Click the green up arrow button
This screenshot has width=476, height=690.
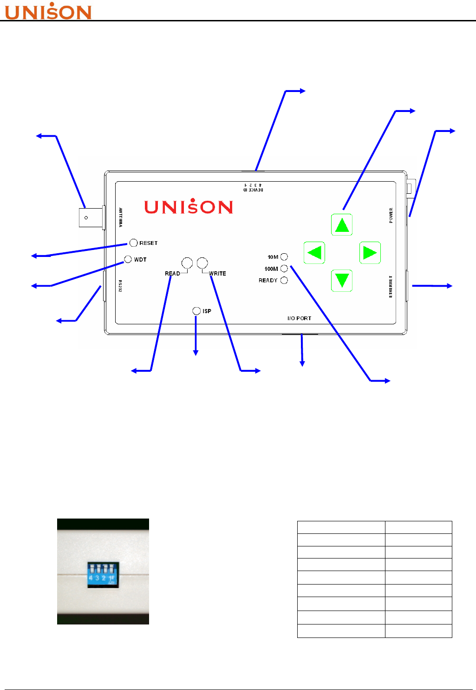(x=342, y=225)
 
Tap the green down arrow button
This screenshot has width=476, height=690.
(x=342, y=281)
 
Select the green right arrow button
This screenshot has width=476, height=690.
(x=370, y=253)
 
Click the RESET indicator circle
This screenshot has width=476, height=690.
(x=133, y=243)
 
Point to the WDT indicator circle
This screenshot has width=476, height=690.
(x=128, y=259)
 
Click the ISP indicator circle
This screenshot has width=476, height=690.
(x=196, y=311)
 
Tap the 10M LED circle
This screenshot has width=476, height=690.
(x=284, y=257)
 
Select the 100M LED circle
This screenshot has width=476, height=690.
(x=284, y=269)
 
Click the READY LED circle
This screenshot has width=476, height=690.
(x=284, y=280)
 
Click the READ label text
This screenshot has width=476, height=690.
(x=172, y=274)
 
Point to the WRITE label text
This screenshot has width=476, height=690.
(x=217, y=274)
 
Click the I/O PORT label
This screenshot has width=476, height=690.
(x=299, y=318)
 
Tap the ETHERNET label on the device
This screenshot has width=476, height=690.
(x=391, y=286)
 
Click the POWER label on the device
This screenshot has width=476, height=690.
(x=391, y=215)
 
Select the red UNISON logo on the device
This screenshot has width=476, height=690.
(x=189, y=207)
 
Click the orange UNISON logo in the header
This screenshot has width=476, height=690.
(x=48, y=12)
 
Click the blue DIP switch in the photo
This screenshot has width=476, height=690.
(x=103, y=574)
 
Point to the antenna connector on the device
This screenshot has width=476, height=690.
(x=90, y=217)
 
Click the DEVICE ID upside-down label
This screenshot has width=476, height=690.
(x=253, y=188)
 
